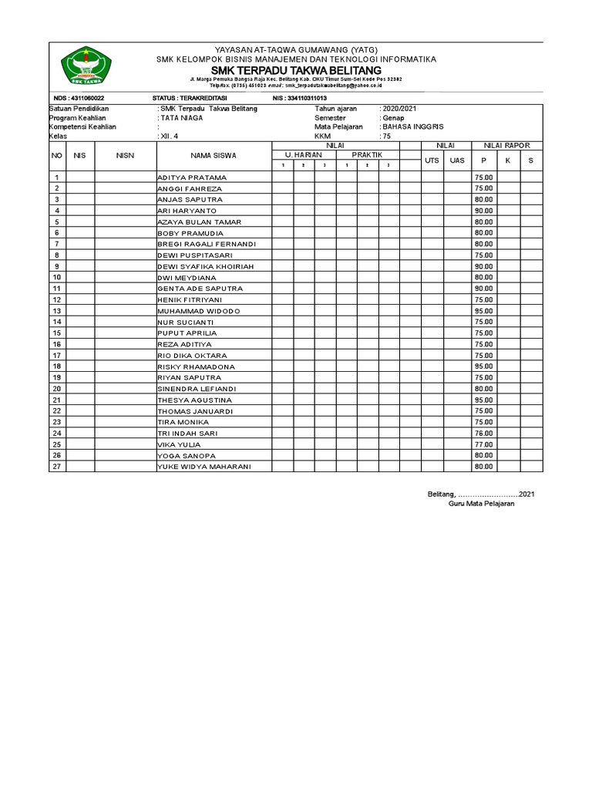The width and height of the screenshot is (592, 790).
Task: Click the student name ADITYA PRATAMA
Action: coord(192,177)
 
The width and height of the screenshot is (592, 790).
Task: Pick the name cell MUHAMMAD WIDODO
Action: coord(199,311)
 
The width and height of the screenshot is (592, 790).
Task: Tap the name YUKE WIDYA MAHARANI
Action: coord(203,467)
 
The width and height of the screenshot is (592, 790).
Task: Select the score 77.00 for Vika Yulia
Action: coord(483,444)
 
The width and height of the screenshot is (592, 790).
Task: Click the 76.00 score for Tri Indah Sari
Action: coord(483,434)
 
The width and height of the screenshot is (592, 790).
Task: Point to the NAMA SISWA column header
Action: coord(214,156)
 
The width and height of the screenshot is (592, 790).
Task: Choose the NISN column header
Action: coord(125,156)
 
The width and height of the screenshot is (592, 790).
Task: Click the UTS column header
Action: coord(432,160)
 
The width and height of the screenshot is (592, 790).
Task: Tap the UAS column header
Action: coord(457,160)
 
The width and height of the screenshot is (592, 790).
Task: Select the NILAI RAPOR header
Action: coord(507,145)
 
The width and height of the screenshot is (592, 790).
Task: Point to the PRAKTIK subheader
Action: coord(367,155)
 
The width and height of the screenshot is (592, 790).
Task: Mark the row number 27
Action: coord(56,467)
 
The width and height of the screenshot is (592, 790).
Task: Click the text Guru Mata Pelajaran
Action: coord(481,504)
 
